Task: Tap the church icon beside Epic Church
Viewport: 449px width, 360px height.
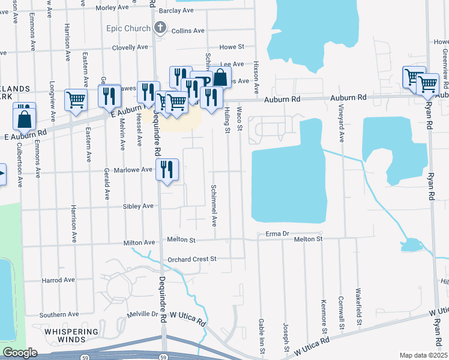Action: (x=160, y=27)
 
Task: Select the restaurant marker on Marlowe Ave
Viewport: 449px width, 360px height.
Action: (x=167, y=170)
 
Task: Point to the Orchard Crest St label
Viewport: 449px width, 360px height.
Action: (x=191, y=259)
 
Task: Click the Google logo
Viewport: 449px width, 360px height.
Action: (x=20, y=353)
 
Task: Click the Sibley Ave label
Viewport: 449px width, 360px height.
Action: (x=139, y=206)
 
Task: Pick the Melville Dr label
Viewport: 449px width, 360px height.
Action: (x=142, y=314)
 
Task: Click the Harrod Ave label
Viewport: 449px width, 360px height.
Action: (x=58, y=280)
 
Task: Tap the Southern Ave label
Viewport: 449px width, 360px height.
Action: (x=59, y=314)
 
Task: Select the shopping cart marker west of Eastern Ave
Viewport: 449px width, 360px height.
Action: (x=76, y=100)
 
